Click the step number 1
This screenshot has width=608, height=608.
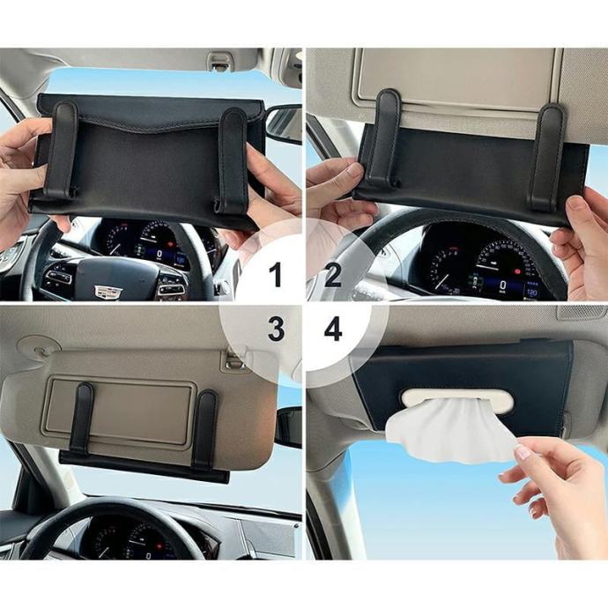[x=276, y=275]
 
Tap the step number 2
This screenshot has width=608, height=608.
[x=333, y=275]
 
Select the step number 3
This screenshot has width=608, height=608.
[x=276, y=330]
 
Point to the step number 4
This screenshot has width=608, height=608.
[x=333, y=330]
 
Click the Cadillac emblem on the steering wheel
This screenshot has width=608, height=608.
[x=108, y=292]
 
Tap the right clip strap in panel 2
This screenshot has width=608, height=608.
[x=547, y=156]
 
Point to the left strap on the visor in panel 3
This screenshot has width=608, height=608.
[x=82, y=419]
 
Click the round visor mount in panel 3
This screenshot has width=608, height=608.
[x=39, y=346]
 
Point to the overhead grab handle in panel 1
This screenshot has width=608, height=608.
[x=222, y=60]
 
